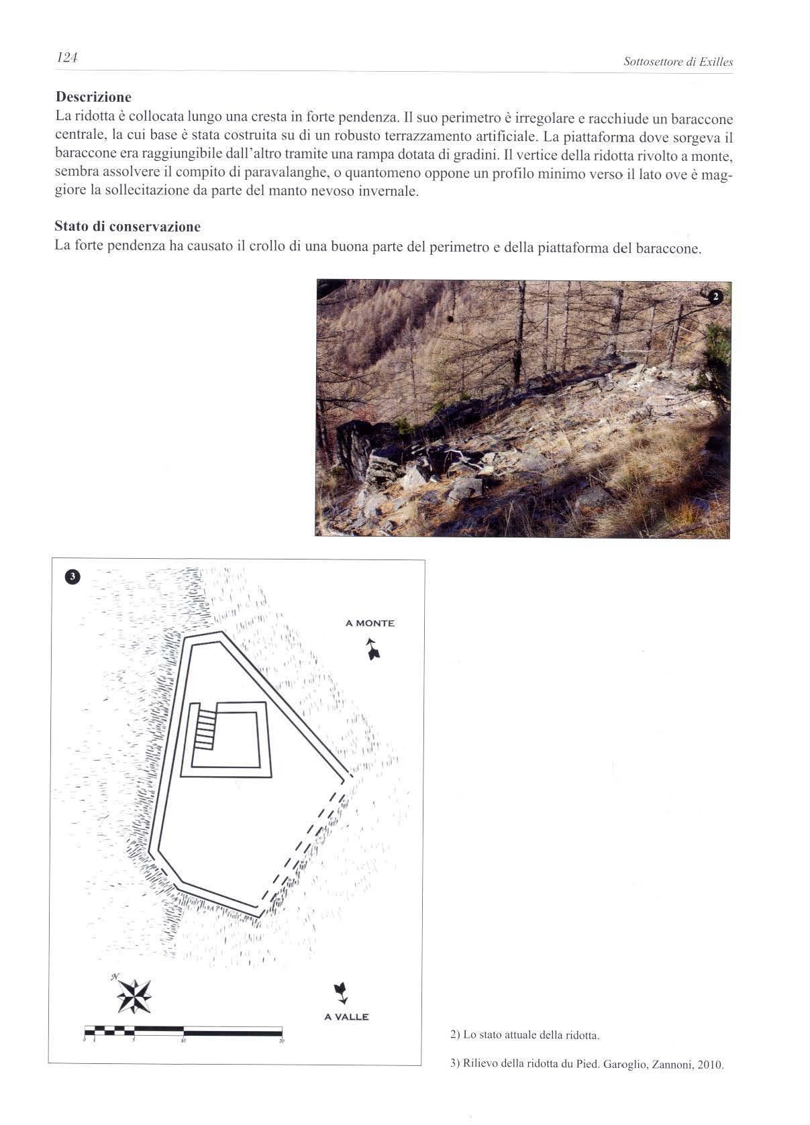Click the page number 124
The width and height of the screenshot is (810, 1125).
68,58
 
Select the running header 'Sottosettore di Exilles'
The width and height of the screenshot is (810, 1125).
678,62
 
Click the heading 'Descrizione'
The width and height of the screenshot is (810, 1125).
93,97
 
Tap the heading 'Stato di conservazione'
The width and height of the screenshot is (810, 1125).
128,226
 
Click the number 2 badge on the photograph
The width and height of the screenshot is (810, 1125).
715,297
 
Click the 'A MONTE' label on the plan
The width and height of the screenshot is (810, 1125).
370,623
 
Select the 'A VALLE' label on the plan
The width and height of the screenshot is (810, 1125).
346,1016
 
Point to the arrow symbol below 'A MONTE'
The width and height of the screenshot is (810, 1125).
371,649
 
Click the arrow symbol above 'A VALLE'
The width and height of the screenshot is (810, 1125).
340,992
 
